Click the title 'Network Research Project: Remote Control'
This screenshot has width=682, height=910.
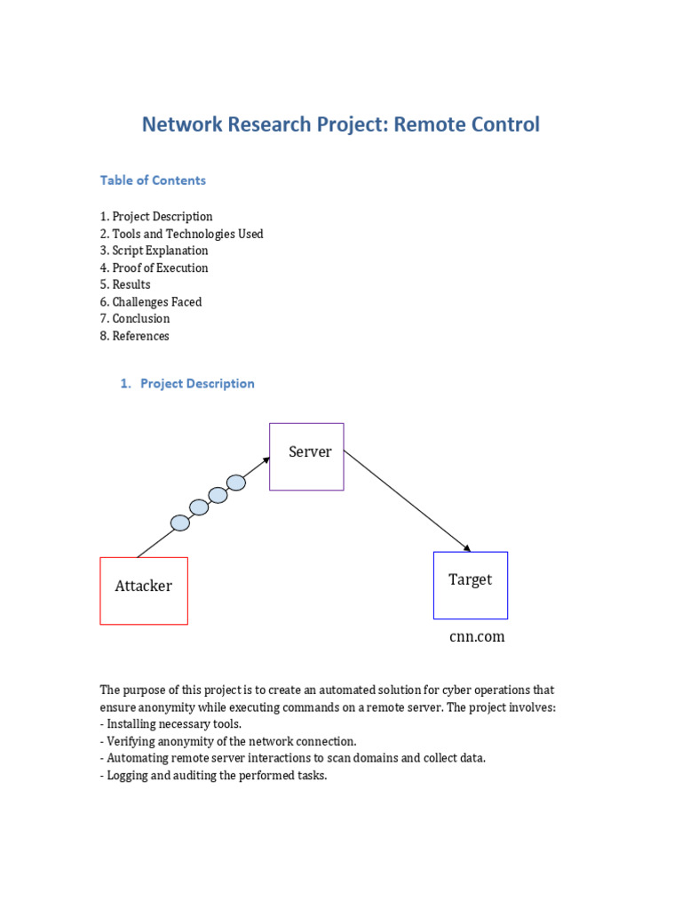point(340,124)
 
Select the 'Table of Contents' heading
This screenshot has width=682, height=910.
point(153,180)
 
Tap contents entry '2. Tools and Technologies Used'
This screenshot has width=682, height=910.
point(181,234)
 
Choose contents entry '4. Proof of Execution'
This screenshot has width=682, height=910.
point(154,267)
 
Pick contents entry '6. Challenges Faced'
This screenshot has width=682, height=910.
point(150,302)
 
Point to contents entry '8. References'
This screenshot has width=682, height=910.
point(134,336)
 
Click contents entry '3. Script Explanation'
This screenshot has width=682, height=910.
point(154,251)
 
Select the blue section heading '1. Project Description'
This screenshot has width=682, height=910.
point(187,384)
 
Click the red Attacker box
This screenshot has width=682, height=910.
point(144,591)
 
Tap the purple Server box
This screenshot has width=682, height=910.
point(306,457)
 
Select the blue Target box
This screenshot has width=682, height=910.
point(470,585)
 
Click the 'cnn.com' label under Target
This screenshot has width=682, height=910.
point(477,637)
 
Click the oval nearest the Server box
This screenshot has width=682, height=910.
point(236,483)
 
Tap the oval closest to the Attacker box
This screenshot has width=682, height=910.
point(180,523)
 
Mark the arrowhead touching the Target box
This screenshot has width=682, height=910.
point(467,548)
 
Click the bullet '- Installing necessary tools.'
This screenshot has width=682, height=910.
point(170,724)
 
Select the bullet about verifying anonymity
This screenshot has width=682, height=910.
point(228,741)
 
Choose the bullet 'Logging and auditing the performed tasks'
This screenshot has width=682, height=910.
point(213,775)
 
